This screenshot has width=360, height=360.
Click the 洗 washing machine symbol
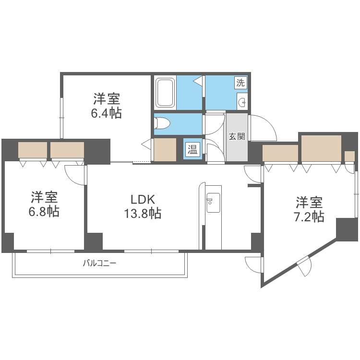(240, 82)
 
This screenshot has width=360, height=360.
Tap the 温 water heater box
(192, 149)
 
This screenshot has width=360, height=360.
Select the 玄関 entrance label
(237, 136)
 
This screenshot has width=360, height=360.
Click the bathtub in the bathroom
(165, 93)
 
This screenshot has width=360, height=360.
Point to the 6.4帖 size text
(106, 113)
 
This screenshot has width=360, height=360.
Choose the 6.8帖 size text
(45, 212)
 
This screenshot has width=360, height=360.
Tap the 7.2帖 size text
(309, 216)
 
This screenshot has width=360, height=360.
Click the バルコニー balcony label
(100, 263)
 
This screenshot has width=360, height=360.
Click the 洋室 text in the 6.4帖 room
(106, 99)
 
